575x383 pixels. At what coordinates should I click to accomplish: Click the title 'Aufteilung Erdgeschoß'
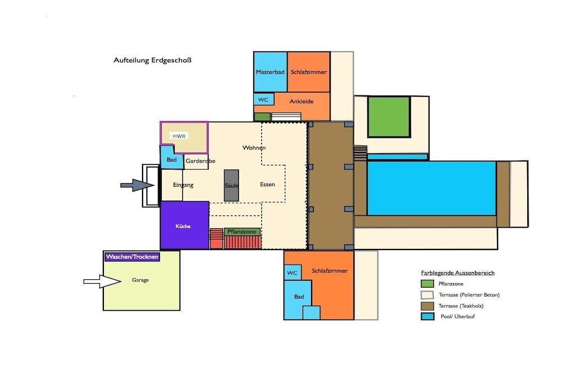pos(152,60)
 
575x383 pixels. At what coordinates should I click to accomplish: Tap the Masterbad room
pos(270,72)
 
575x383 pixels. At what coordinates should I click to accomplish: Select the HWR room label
pos(179,136)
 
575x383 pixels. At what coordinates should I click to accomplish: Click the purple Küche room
pos(185,225)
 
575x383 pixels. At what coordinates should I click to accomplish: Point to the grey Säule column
pos(231,185)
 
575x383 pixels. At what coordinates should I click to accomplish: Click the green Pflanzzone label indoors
pos(242,232)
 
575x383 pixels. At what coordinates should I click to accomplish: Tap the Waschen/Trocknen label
pos(132,257)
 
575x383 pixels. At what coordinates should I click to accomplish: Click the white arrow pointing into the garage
pos(102,281)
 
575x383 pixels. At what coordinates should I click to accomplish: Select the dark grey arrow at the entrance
pos(137,185)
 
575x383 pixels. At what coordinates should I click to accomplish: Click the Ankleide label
pos(302,101)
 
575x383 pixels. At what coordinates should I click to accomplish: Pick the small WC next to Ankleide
pos(263,99)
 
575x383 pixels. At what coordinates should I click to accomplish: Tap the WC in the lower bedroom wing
pos(292,273)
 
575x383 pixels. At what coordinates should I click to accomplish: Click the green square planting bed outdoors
pos(389,117)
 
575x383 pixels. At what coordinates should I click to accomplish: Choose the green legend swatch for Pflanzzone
pos(427,284)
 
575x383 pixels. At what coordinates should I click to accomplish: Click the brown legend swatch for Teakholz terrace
pos(427,306)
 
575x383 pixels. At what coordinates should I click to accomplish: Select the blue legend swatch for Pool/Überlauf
pos(427,316)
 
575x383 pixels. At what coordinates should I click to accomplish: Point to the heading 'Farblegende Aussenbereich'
pos(458,273)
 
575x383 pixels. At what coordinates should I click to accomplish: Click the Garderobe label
pos(200,161)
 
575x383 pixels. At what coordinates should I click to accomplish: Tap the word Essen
pos(267,184)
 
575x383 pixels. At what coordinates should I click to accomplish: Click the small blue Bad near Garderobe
pos(171,158)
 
